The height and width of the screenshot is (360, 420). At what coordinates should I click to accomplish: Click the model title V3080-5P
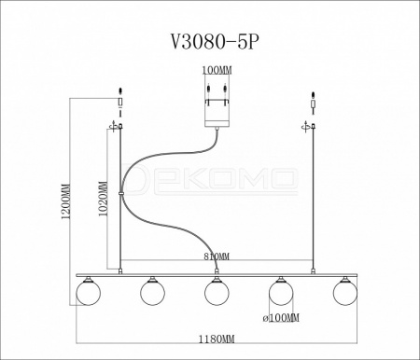(215, 41)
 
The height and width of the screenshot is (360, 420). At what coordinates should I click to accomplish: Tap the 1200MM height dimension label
(66, 201)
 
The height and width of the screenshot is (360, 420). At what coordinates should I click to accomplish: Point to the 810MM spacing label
(217, 256)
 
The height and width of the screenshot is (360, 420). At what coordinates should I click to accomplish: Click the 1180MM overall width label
(217, 339)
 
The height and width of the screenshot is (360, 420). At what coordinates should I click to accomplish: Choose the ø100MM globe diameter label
(281, 318)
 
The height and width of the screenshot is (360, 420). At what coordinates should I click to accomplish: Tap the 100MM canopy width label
(217, 70)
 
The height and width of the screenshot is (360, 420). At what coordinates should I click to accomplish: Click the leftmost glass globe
(89, 292)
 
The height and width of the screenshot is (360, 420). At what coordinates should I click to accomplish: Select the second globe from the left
(152, 292)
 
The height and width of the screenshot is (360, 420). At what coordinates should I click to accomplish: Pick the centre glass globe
(217, 292)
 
